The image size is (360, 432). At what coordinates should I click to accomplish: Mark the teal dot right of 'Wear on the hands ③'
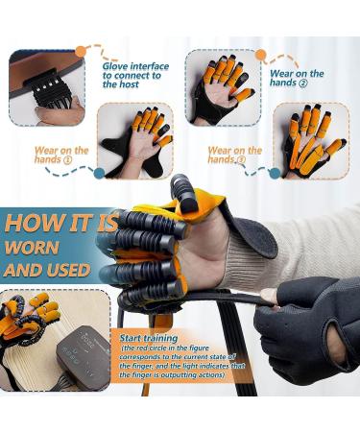click(x=275, y=174)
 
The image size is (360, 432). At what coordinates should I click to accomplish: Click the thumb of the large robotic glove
click(x=183, y=191)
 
